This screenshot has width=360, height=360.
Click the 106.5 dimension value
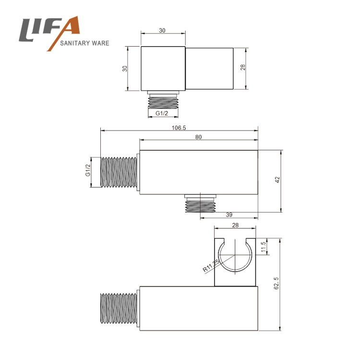(x=179, y=128)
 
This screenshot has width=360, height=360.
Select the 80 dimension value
(x=198, y=137)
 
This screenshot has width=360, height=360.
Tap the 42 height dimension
(x=277, y=180)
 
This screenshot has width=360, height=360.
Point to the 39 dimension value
(x=229, y=215)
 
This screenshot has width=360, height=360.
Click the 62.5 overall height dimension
(x=276, y=283)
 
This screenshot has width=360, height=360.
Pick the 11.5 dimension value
(x=264, y=247)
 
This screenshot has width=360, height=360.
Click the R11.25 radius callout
(x=212, y=265)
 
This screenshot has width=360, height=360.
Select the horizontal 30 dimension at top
(x=162, y=31)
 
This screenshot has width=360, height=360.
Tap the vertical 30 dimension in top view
(x=125, y=69)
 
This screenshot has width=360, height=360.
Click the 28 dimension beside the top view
(x=243, y=67)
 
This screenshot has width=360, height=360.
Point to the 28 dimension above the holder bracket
(x=235, y=225)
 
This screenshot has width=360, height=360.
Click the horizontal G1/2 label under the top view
(x=162, y=113)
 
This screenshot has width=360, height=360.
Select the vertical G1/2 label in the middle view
(x=88, y=170)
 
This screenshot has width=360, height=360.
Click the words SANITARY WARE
(x=84, y=43)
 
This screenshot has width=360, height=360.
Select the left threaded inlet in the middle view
(x=119, y=172)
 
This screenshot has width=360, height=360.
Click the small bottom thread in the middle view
(x=201, y=204)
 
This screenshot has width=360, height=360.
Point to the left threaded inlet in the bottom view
(x=119, y=308)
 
